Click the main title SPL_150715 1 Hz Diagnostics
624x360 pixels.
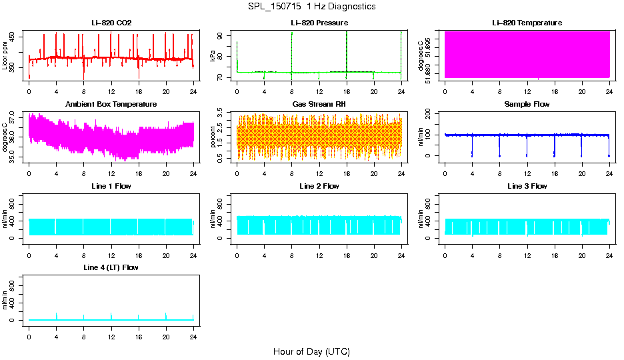(311, 7)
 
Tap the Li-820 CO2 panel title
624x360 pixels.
(111, 23)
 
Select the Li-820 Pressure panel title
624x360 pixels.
(319, 23)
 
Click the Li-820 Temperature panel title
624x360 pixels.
(527, 23)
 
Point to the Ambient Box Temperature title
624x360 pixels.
(111, 105)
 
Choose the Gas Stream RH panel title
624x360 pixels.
(319, 105)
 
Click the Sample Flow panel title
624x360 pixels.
(527, 105)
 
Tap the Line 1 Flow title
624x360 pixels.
(111, 186)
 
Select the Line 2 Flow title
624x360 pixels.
(319, 186)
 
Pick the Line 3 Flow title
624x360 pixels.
(527, 186)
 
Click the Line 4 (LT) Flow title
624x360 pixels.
(111, 267)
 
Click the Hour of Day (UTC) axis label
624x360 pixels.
(311, 351)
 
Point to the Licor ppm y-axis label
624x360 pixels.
(5, 55)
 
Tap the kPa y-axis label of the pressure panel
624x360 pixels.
(213, 55)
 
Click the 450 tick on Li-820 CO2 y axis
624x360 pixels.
(16, 37)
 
